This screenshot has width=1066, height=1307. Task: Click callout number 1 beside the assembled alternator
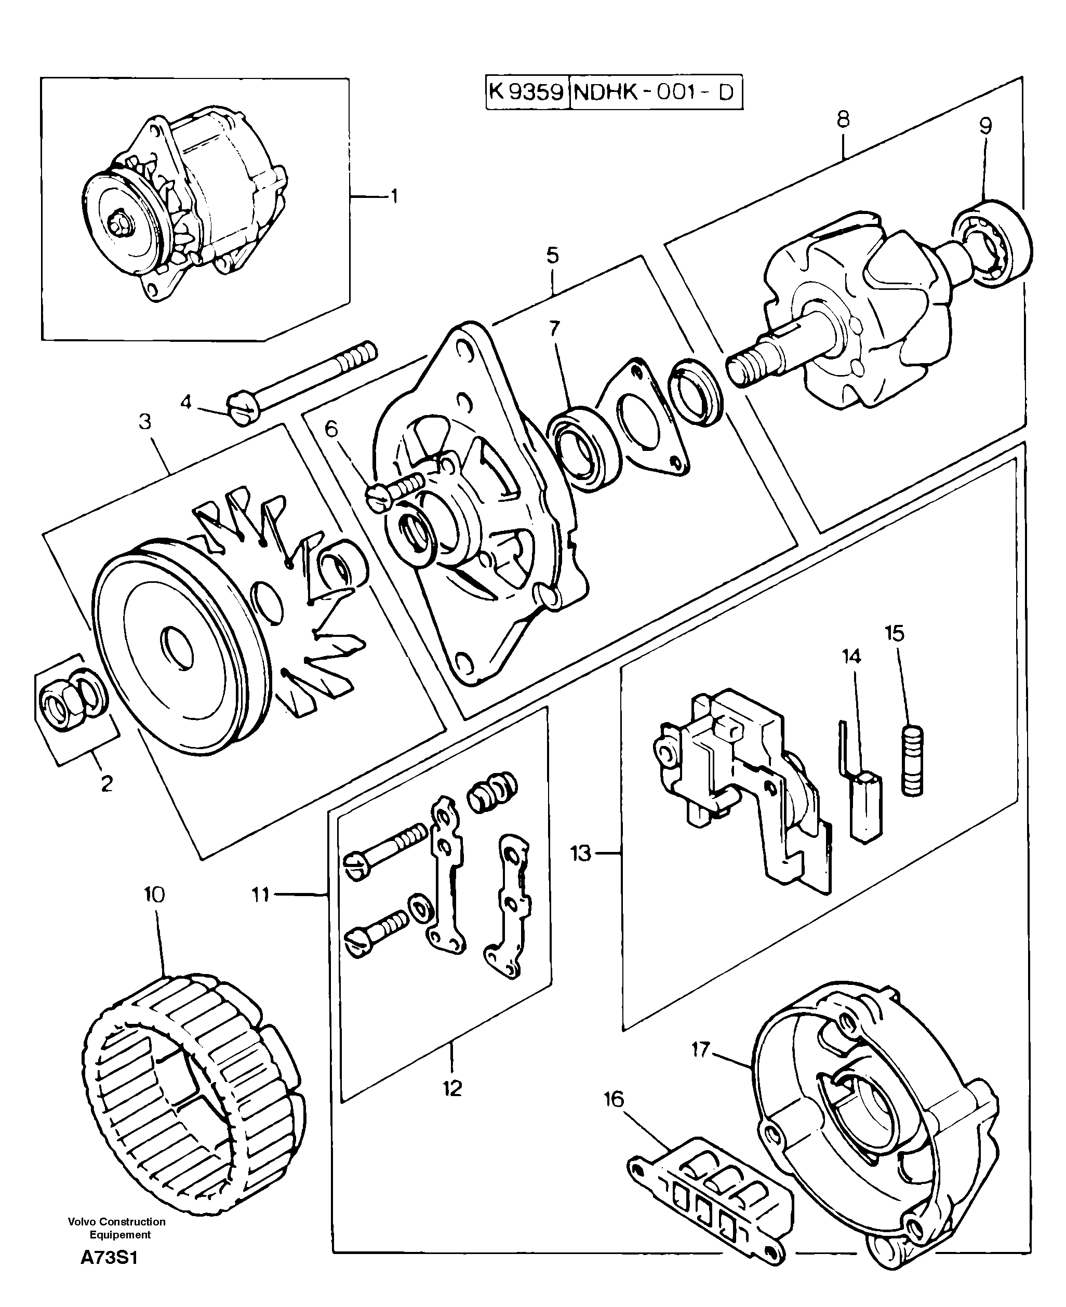coord(394,196)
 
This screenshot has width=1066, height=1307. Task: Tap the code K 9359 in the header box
coord(527,92)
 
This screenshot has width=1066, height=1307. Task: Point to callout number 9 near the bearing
coord(985,126)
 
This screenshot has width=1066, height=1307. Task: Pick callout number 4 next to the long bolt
coord(185,402)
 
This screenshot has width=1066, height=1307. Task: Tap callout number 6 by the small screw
coord(331,429)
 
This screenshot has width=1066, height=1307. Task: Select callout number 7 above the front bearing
coord(554,329)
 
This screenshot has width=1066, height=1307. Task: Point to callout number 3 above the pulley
coord(145,422)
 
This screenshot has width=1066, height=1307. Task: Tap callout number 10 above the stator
coord(155,895)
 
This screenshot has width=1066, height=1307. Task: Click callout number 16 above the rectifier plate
coord(614,1099)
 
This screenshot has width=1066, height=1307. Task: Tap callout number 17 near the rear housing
coord(700,1050)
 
